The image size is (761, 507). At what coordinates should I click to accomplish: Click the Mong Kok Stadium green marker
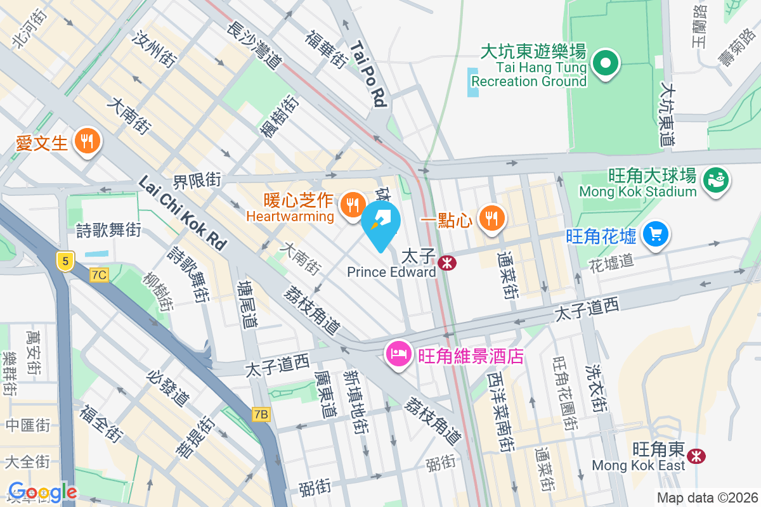coord(717,181)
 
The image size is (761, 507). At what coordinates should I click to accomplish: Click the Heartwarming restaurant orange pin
coord(351,205)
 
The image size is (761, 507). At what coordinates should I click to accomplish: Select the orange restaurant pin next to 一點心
coord(490,218)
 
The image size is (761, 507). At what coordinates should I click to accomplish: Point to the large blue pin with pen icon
coord(381,223)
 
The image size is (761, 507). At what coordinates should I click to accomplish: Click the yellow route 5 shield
coord(65,260)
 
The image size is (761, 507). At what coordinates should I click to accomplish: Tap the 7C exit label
coord(99,275)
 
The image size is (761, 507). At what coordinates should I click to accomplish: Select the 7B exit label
coord(261,414)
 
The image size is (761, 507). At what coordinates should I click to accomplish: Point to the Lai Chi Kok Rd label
coord(183,212)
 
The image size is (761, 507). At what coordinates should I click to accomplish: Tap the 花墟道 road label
coord(611,260)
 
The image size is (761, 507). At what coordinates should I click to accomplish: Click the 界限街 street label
coord(198,181)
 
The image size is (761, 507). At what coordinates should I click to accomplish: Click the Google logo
coord(42,491)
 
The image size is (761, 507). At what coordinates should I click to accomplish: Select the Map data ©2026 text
coord(706,497)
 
